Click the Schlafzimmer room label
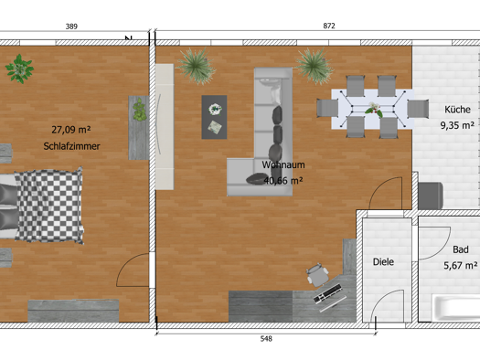(x=71, y=146)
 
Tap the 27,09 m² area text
(x=71, y=130)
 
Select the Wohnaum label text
(x=283, y=164)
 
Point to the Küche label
(x=457, y=110)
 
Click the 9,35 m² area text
(x=457, y=125)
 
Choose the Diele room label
(x=383, y=262)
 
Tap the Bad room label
(x=461, y=249)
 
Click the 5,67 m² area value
(x=461, y=265)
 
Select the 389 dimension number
(x=71, y=26)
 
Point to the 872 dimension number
(x=329, y=26)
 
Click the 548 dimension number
(x=266, y=339)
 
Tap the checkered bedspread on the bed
(x=49, y=206)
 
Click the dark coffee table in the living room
(x=214, y=117)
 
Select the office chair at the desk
(x=317, y=275)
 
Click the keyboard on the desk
(x=327, y=293)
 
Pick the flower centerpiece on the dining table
(x=374, y=110)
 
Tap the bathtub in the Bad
(x=456, y=308)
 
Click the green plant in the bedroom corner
(x=19, y=69)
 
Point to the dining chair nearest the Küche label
(x=418, y=109)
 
